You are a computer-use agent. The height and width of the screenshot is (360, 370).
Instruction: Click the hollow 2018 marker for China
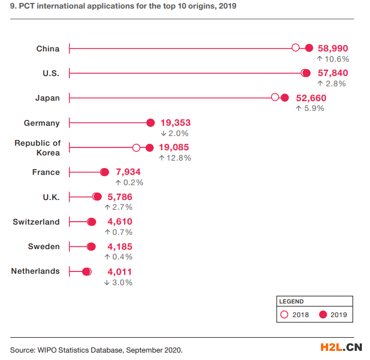coord(296,48)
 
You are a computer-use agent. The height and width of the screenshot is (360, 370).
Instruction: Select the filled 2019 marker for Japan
coord(285,98)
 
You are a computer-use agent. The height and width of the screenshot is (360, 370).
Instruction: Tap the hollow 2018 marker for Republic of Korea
coord(136,147)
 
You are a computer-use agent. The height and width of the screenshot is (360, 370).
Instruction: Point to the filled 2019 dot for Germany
coord(150,123)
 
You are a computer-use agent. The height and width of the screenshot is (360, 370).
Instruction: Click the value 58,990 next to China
coord(332,49)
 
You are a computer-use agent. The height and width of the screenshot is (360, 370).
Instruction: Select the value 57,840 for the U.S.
coord(332,73)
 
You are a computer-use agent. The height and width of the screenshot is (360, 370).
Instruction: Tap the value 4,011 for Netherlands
coord(120,271)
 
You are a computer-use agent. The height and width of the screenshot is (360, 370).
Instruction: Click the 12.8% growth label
coord(178,158)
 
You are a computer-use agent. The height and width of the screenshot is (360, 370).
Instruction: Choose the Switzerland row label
coord(36,222)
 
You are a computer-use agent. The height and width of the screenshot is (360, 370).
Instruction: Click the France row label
coord(46,172)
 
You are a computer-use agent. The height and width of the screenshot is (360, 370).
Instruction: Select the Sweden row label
coord(43,246)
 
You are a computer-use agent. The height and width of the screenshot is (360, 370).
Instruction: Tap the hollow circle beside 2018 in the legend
coord(284,314)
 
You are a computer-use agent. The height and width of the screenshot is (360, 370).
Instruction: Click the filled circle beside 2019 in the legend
coord(323,314)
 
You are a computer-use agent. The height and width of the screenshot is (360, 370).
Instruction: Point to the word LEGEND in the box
coord(292,301)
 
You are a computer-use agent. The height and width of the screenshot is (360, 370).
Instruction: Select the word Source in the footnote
coord(22,349)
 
